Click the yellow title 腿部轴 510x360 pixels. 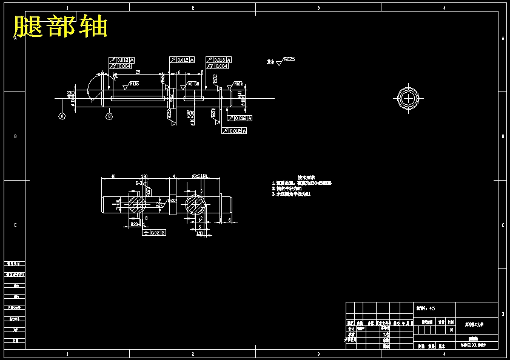tap(61, 27)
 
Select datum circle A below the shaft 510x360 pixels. tap(61, 115)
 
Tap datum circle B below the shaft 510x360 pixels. tap(109, 115)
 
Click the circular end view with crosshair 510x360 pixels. tap(409, 98)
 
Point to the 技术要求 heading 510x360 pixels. tap(304, 178)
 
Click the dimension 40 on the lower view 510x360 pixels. tap(113, 177)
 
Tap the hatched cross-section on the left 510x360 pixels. tap(136, 202)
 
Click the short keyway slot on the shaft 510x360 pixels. tap(194, 97)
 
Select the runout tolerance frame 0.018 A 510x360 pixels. tap(219, 59)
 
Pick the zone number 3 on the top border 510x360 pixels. tap(318, 8)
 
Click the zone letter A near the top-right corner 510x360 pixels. tap(503, 38)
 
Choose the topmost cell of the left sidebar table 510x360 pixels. tap(15, 264)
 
